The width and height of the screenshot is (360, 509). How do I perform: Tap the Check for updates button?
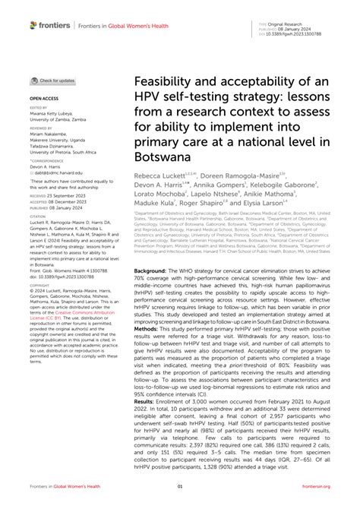53,81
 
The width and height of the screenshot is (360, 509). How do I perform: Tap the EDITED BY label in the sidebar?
39,107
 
